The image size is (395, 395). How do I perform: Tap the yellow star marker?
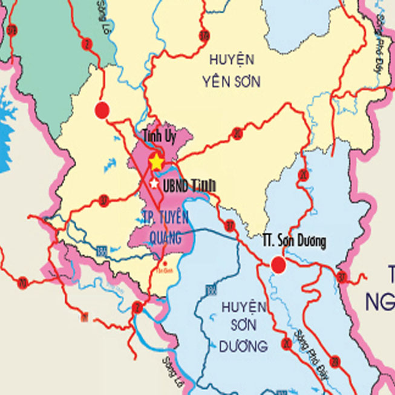pyautogui.click(x=156, y=162)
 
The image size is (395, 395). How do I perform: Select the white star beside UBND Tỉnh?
pyautogui.click(x=154, y=183)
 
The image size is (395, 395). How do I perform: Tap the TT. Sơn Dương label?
pyautogui.click(x=295, y=242)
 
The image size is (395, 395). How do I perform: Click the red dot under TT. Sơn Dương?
pyautogui.click(x=278, y=264)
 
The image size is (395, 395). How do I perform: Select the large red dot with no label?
pyautogui.click(x=102, y=109)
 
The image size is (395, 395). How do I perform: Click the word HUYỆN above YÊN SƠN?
pyautogui.click(x=232, y=59)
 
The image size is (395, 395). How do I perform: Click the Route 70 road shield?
pyautogui.click(x=22, y=282)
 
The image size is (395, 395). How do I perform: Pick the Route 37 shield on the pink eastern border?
pyautogui.click(x=342, y=278)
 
